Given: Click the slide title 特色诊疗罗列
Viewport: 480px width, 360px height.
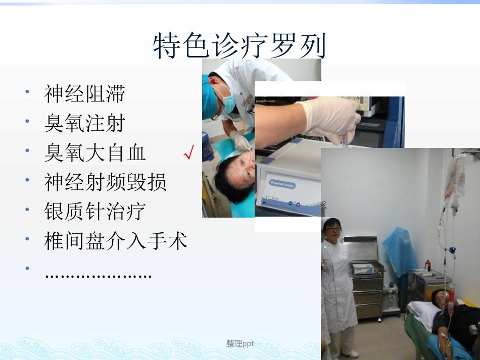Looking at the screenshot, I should click(239, 47).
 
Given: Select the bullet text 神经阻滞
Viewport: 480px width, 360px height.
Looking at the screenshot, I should click(84, 94).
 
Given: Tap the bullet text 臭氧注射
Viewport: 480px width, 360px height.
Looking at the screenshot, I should click(84, 123).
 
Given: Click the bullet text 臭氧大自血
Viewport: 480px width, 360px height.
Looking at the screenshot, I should click(94, 153).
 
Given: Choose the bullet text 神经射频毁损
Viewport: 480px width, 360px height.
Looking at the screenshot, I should click(105, 182).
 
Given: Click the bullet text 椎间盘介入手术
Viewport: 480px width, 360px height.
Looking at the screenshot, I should click(116, 241).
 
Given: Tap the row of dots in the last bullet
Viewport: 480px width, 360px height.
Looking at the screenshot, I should click(98, 275).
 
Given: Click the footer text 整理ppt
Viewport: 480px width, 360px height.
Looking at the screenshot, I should click(239, 344).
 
